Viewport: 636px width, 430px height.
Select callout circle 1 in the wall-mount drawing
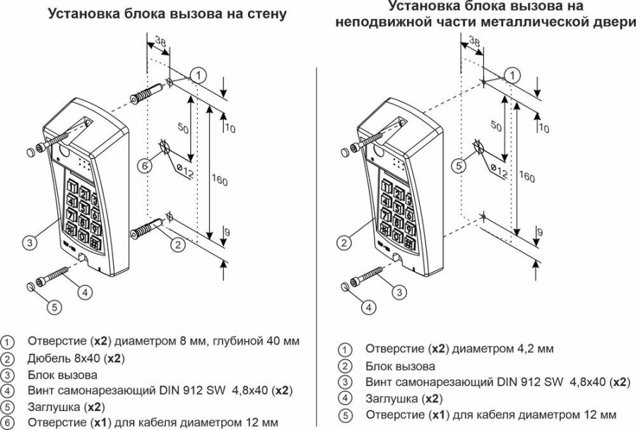[200, 74]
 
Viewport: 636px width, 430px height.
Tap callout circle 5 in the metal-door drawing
[460, 166]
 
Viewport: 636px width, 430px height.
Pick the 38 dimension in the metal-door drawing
[474, 44]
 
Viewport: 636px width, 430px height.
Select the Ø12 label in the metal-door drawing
[498, 172]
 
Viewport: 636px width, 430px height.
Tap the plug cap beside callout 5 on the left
[30, 286]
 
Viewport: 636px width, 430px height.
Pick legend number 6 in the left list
[8, 422]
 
